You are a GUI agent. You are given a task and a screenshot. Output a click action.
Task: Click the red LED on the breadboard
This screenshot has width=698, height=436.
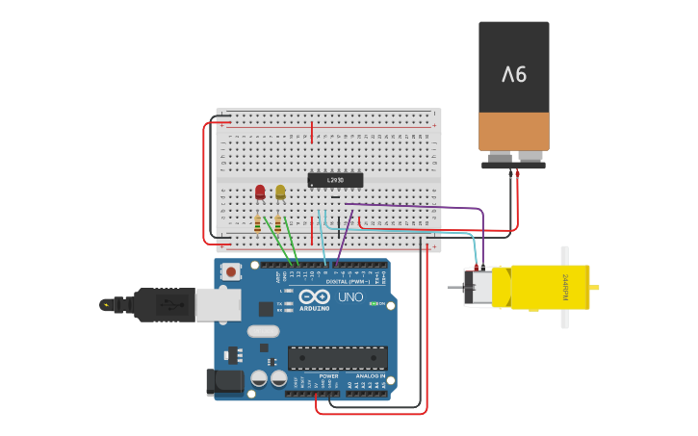[x=260, y=192]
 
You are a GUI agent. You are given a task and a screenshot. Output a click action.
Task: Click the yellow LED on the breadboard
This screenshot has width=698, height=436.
[x=280, y=192]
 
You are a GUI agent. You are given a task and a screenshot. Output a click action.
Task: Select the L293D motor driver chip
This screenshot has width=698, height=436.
[x=335, y=180]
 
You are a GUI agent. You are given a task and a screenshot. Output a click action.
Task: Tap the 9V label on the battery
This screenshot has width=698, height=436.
[x=514, y=74]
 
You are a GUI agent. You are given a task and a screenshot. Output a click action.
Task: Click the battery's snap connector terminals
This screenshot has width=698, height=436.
[x=514, y=159]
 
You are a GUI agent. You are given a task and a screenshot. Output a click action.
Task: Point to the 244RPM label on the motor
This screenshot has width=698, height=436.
[x=565, y=287]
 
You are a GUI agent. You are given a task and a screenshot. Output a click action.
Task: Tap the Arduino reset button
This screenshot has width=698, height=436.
[x=231, y=272]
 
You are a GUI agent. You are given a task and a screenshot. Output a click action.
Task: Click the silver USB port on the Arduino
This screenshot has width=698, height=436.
[x=218, y=305]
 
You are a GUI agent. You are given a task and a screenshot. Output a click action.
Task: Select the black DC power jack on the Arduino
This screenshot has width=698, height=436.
[x=225, y=381]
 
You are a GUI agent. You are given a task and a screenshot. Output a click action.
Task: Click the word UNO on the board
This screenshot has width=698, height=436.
[x=350, y=297]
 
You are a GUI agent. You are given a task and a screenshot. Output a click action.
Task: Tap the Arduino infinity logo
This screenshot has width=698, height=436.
[x=315, y=296]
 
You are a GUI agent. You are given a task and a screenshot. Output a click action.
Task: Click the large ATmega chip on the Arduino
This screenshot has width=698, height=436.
[x=338, y=358]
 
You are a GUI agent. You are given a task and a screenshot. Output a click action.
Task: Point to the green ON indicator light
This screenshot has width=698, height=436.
[x=374, y=304]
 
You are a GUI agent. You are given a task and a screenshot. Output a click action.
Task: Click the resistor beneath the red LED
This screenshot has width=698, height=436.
[x=258, y=223]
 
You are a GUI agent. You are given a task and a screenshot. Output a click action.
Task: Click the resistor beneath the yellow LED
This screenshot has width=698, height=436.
[x=278, y=223]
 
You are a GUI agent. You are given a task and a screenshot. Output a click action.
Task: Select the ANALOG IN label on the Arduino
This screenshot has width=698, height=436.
[x=371, y=376]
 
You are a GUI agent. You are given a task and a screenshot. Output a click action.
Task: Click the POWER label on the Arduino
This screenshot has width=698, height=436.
[x=316, y=376]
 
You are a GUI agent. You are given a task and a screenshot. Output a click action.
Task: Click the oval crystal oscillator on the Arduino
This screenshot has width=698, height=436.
[x=263, y=331]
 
